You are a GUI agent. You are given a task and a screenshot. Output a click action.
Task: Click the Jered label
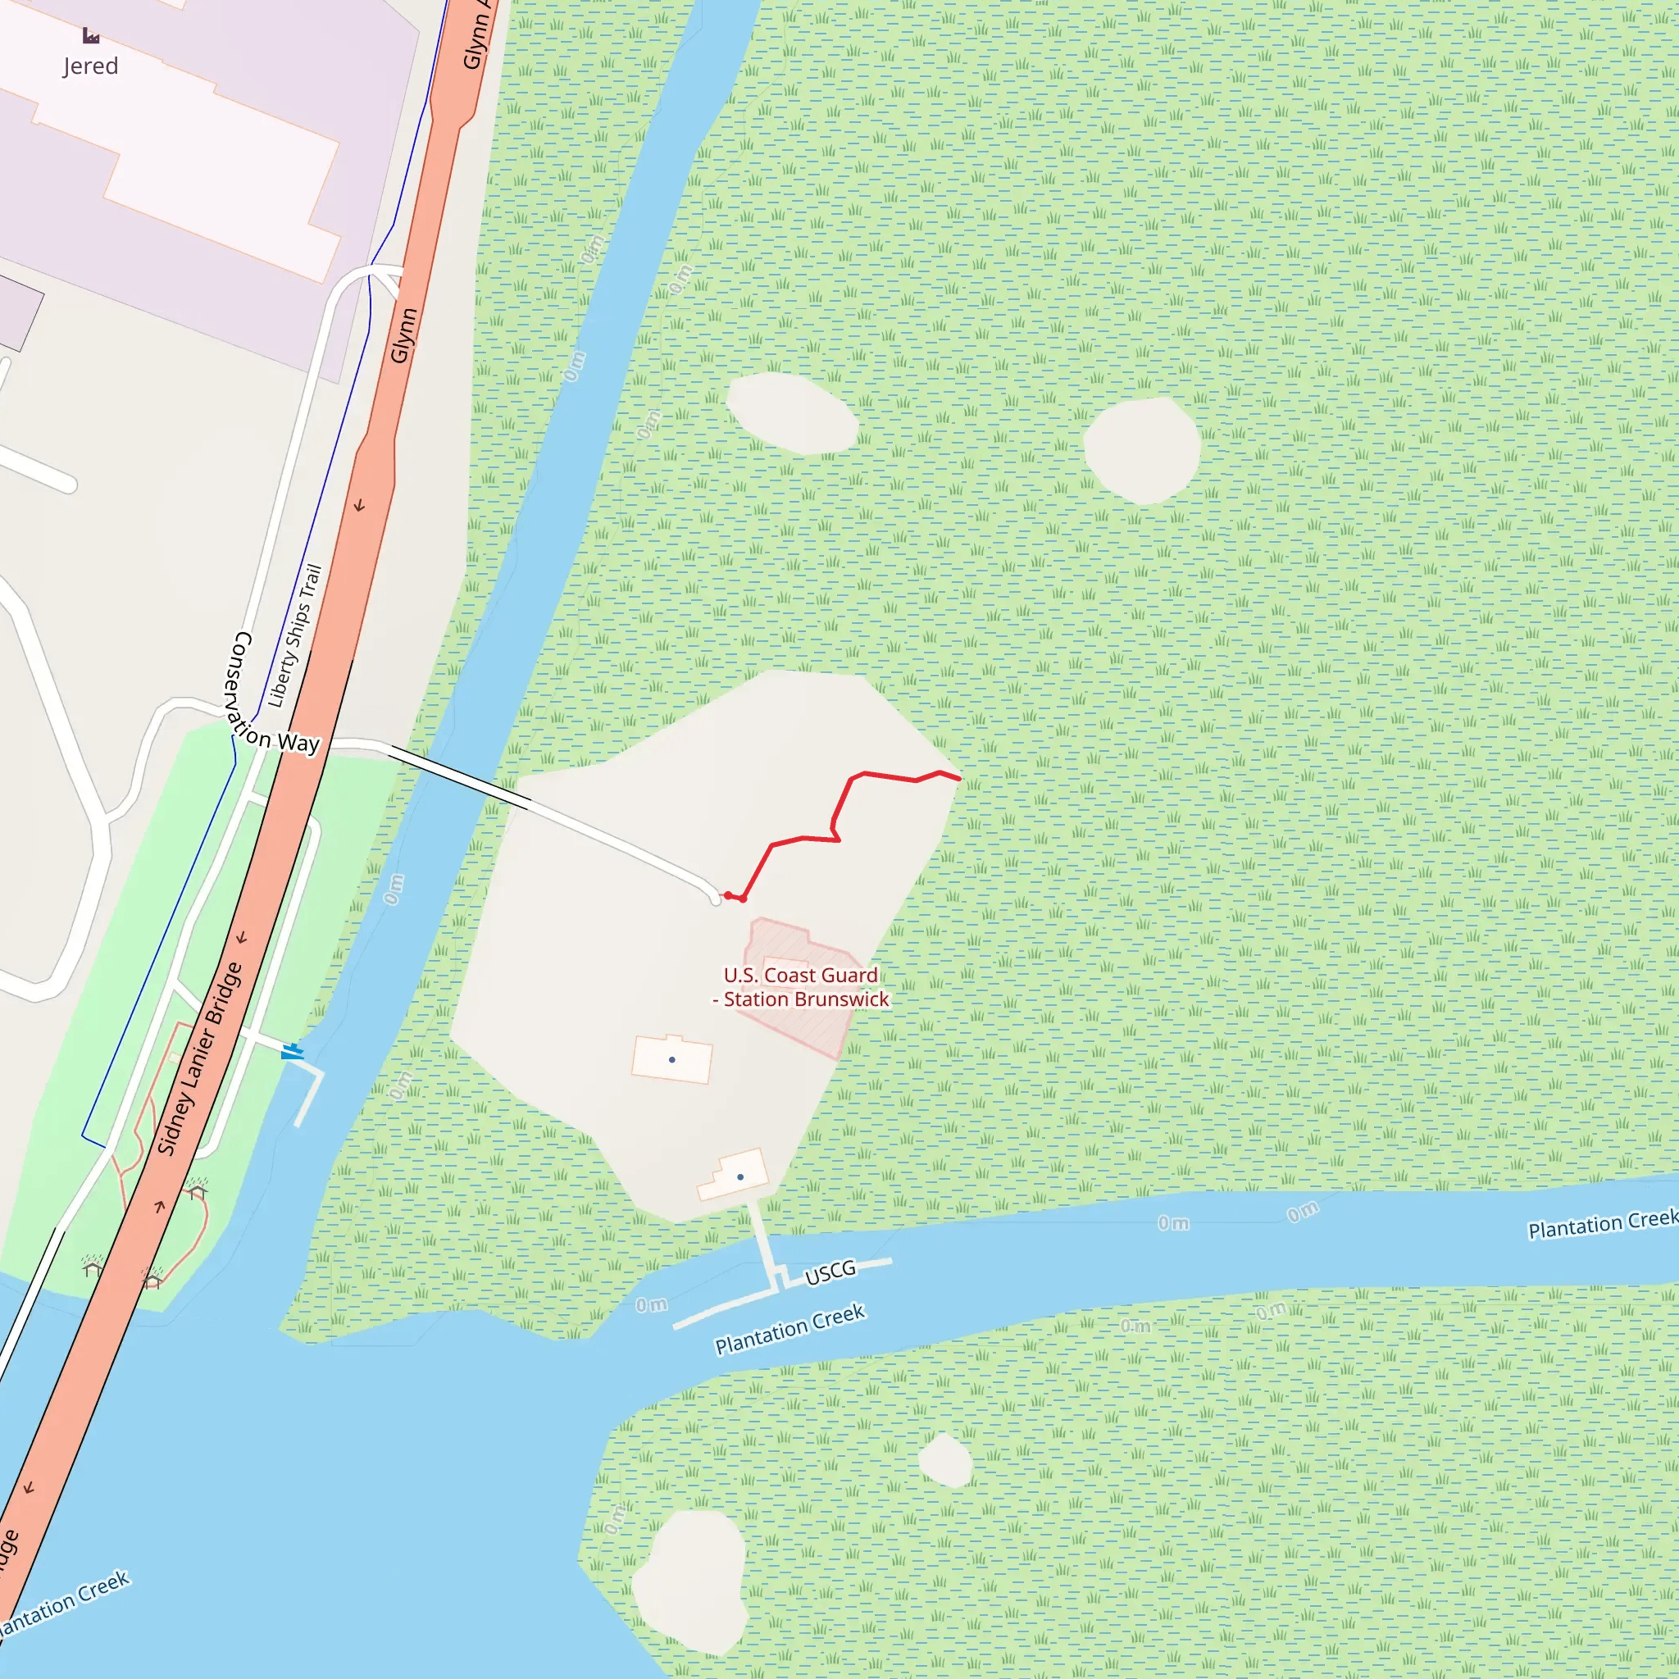pos(90,66)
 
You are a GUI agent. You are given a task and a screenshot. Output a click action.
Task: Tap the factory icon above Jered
pos(90,35)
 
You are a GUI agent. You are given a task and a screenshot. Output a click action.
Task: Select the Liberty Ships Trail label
pos(295,635)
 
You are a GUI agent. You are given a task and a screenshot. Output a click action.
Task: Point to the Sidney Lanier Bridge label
pos(199,1058)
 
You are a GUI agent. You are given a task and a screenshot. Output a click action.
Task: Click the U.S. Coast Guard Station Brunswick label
pos(801,987)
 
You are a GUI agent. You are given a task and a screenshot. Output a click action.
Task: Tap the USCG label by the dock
pos(830,1272)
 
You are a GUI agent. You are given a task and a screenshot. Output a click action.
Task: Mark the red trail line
pos(835,817)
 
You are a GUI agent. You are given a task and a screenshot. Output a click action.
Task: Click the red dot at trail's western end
pos(728,895)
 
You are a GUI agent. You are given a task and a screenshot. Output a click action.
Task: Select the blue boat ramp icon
pos(292,1052)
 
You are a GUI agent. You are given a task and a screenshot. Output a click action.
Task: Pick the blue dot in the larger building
pos(671,1059)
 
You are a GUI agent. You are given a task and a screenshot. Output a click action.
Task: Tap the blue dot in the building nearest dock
pos(739,1176)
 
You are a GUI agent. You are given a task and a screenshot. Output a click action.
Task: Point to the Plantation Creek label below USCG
pos(789,1330)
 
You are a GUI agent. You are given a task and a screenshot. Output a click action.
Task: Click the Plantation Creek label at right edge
pos(1602,1224)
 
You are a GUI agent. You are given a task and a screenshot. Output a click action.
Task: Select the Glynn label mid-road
pos(403,335)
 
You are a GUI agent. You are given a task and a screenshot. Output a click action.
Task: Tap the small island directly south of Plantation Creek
pos(945,1460)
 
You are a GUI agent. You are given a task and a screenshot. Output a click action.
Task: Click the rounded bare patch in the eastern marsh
pos(1142,449)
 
